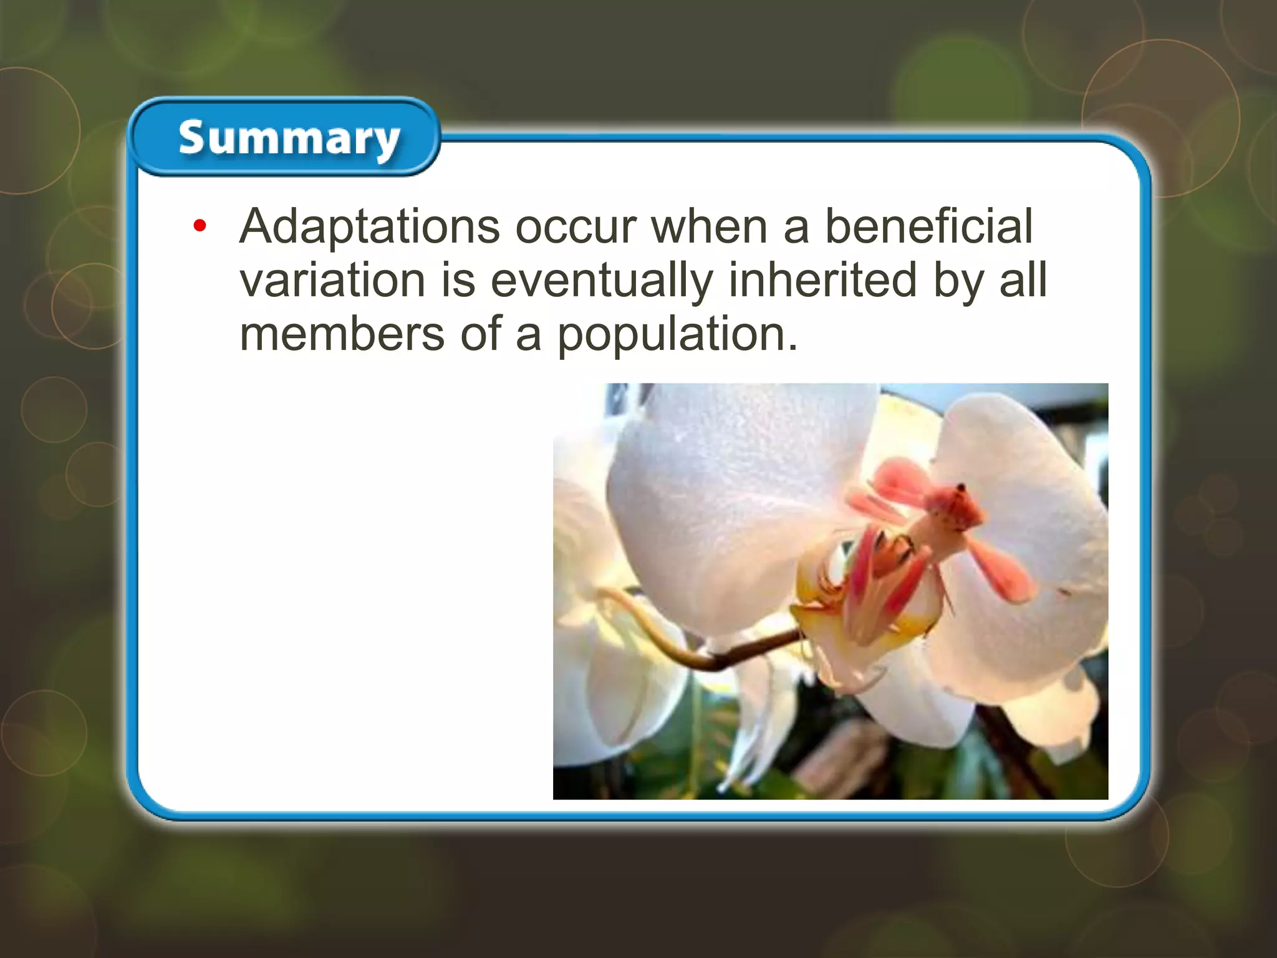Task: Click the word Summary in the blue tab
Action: pyautogui.click(x=289, y=138)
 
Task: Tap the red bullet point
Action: pyautogui.click(x=200, y=226)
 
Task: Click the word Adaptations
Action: pyautogui.click(x=369, y=227)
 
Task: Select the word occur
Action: pyautogui.click(x=576, y=227)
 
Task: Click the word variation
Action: pyautogui.click(x=332, y=281)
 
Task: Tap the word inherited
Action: pyautogui.click(x=822, y=281)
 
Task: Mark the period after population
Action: pyautogui.click(x=793, y=349)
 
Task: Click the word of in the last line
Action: pyautogui.click(x=481, y=334)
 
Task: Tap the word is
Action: pyautogui.click(x=458, y=281)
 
